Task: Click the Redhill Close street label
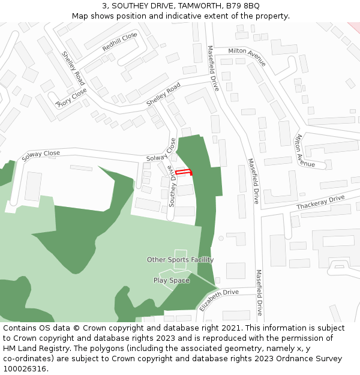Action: tap(119, 41)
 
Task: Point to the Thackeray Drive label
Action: tap(320, 202)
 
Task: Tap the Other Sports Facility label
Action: tap(180, 260)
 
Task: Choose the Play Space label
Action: tap(171, 280)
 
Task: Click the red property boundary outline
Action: tap(184, 172)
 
